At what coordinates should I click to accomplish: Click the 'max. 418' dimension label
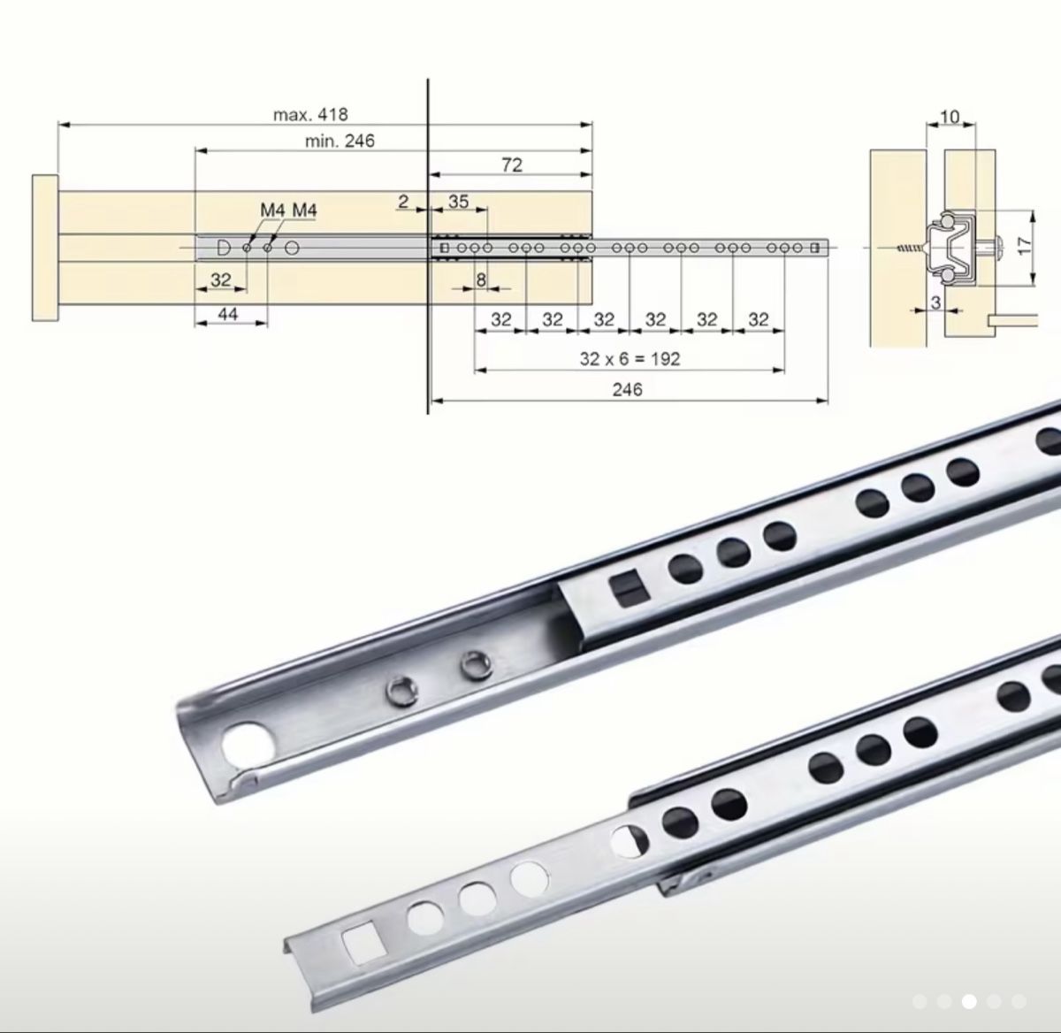310,115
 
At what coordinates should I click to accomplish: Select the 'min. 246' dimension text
340,141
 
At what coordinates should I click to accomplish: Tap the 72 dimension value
511,165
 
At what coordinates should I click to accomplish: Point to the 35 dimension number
458,202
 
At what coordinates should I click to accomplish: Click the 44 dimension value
227,314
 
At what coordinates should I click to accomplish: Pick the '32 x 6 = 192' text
630,359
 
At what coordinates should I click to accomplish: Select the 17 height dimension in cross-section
1025,245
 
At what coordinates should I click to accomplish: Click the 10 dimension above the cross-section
950,117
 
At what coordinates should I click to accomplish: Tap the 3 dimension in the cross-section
935,302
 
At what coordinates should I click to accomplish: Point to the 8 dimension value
480,279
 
